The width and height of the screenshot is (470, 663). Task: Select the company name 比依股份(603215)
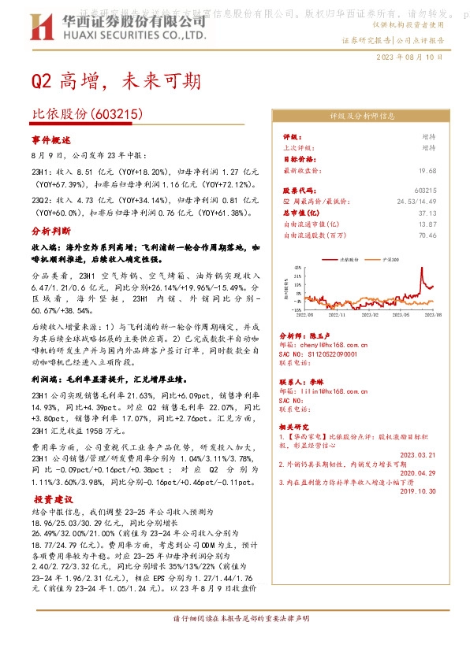(x=87, y=114)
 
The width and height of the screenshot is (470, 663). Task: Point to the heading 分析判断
(x=51, y=232)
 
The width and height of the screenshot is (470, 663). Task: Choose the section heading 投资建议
(x=53, y=499)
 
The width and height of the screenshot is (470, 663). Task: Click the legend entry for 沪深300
(x=389, y=258)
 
